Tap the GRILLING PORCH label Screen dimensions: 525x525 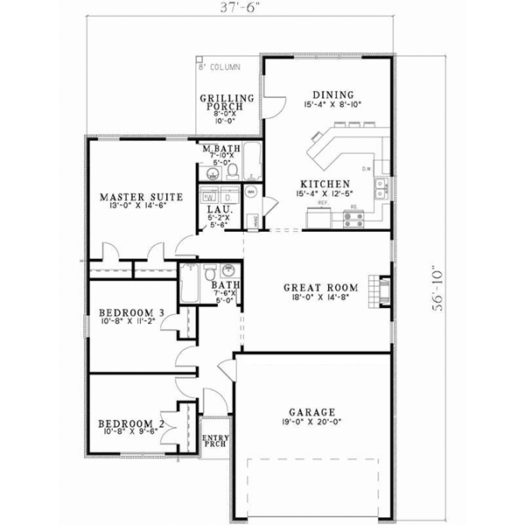pyautogui.click(x=227, y=103)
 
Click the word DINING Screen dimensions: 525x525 pyautogui.click(x=332, y=94)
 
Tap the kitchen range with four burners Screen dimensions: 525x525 pyautogui.click(x=353, y=218)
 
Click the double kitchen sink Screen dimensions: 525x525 pyautogui.click(x=381, y=185)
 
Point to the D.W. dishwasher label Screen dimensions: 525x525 pyautogui.click(x=367, y=169)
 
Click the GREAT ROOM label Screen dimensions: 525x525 pyautogui.click(x=317, y=286)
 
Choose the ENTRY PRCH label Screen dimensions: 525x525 pyautogui.click(x=214, y=441)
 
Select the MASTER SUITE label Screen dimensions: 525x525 pyautogui.click(x=141, y=198)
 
